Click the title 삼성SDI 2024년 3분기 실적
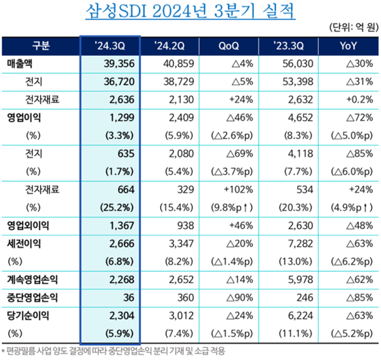point(190,11)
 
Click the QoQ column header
point(228,46)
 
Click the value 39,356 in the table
point(118,64)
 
